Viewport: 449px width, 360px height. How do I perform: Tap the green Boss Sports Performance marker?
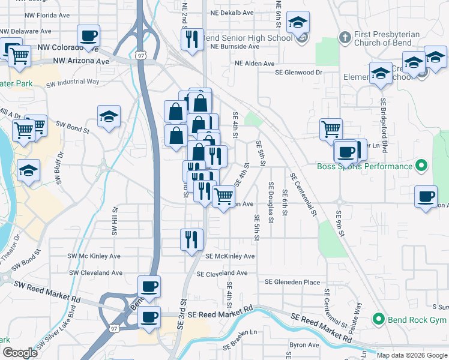(421, 166)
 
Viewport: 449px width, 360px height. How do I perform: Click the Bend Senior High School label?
(247, 38)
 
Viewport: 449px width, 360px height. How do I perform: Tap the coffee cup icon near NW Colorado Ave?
(89, 36)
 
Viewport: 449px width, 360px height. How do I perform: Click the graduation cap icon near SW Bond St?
(109, 117)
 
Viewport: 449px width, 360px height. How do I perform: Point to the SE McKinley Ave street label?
(230, 256)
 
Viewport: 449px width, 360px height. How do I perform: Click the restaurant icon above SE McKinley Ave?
(192, 239)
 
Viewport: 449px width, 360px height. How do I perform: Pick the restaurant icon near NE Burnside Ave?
(192, 40)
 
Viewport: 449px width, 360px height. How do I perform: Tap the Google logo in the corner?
(20, 353)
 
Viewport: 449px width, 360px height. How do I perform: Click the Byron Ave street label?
(304, 345)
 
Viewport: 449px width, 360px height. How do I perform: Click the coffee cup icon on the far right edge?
(426, 197)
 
